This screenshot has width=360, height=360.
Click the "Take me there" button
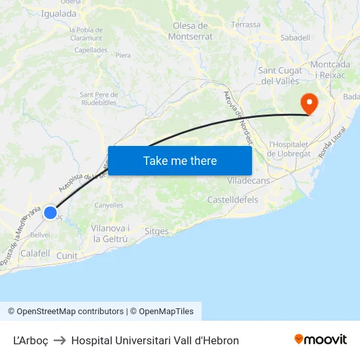(x=180, y=160)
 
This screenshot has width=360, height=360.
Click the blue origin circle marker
(x=50, y=212)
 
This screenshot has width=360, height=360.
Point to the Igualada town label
(x=58, y=13)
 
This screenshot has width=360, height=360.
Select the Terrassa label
(x=245, y=25)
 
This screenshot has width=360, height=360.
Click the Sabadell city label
(x=295, y=38)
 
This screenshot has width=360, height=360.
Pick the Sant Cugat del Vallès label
(x=280, y=75)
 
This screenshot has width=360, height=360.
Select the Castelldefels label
(x=232, y=200)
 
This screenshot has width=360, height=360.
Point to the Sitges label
(x=156, y=231)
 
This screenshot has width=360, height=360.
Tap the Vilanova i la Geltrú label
(x=110, y=234)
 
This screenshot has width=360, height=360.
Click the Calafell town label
(x=35, y=253)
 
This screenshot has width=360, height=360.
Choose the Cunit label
(x=67, y=256)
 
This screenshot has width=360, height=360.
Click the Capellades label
(x=90, y=50)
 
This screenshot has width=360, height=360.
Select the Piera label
(x=123, y=56)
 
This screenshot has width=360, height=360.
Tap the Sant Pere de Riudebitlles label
(x=99, y=98)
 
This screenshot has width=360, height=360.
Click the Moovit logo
(x=320, y=340)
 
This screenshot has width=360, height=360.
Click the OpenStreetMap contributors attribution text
(x=65, y=312)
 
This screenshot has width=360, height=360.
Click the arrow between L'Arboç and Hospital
(x=60, y=340)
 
